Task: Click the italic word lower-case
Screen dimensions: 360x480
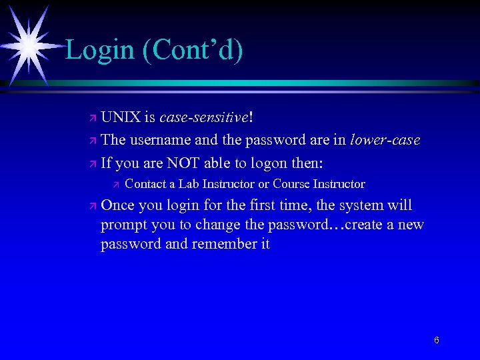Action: point(385,140)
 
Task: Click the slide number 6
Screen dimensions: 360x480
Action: point(436,341)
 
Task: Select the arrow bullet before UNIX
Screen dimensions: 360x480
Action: point(93,118)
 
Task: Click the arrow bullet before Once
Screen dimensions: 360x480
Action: point(93,206)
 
